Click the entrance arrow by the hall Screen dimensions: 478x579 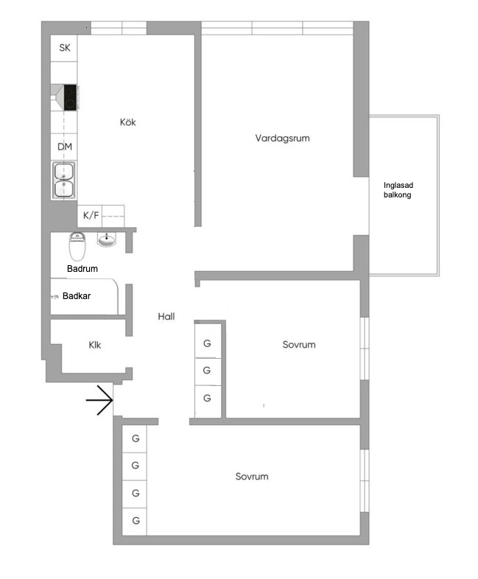(x=99, y=400)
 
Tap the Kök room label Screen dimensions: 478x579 (x=127, y=122)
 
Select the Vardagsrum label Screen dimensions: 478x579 (x=282, y=138)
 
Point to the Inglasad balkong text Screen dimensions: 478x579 (x=398, y=190)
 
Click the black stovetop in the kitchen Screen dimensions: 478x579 (x=70, y=97)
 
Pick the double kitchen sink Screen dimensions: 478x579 (x=64, y=180)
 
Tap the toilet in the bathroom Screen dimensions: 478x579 (x=77, y=246)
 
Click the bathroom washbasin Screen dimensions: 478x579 (x=107, y=239)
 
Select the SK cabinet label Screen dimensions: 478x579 (x=65, y=48)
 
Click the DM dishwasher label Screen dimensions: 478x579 (x=65, y=147)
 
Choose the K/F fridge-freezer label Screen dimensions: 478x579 (x=91, y=215)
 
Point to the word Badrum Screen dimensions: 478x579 (x=82, y=268)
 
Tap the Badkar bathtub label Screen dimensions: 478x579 (x=77, y=296)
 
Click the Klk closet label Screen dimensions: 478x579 (x=95, y=345)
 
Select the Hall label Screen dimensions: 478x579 (x=166, y=317)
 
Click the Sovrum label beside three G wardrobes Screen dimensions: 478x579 (x=299, y=345)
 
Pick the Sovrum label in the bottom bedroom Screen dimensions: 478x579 (x=252, y=477)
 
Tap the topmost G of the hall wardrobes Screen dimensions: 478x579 (x=207, y=343)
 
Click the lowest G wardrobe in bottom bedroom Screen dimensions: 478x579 (x=136, y=521)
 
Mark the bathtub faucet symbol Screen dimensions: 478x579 (x=55, y=297)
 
